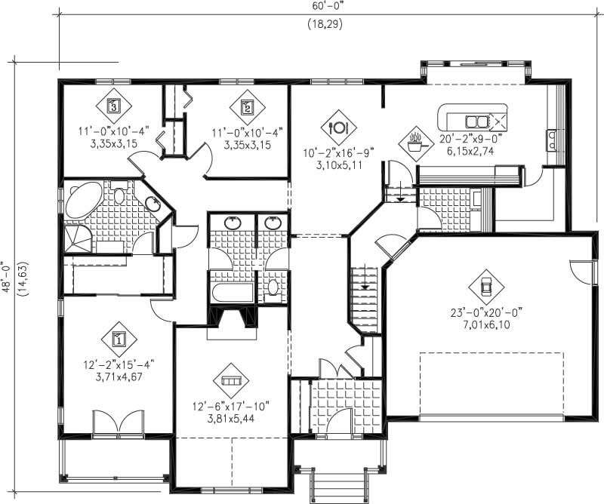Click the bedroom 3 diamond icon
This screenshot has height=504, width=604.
[x=113, y=106]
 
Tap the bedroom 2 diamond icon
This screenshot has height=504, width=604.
[x=247, y=106]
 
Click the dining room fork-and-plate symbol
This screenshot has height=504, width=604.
[x=338, y=126]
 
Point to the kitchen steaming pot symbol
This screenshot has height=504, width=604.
[x=414, y=141]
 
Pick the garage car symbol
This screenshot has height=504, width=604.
[x=485, y=286]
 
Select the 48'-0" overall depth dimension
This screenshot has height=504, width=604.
[x=8, y=276]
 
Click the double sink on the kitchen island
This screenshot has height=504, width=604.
[x=476, y=121]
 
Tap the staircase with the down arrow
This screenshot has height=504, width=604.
[x=364, y=290]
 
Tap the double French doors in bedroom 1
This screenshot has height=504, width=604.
[x=118, y=423]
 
